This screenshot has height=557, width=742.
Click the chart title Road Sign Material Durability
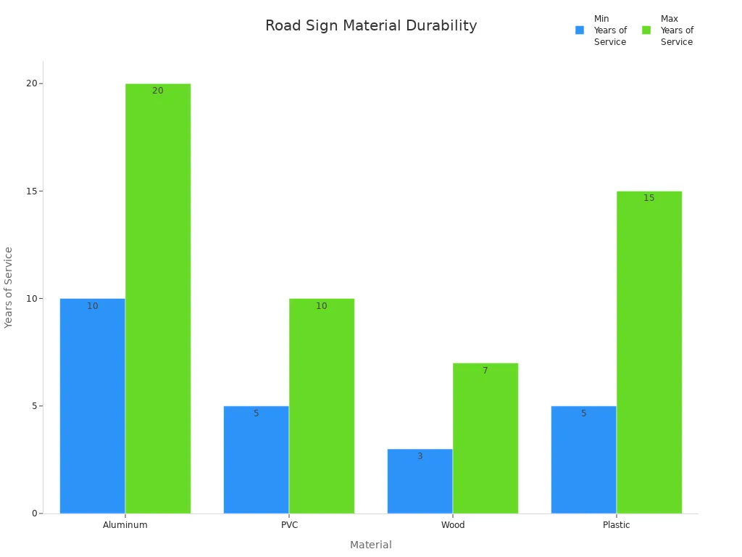pyautogui.click(x=371, y=26)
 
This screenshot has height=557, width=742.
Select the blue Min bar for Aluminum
pyautogui.click(x=93, y=406)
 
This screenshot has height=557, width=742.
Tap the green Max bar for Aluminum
pyautogui.click(x=158, y=299)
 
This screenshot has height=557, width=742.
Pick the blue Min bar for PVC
pyautogui.click(x=257, y=460)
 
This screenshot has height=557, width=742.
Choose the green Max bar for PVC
pyautogui.click(x=322, y=406)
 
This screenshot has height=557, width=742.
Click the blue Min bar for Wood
pyautogui.click(x=420, y=482)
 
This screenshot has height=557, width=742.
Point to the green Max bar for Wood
pyautogui.click(x=485, y=438)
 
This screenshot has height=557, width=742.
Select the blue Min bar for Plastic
pyautogui.click(x=584, y=460)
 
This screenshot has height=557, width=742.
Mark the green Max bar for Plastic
pyautogui.click(x=649, y=352)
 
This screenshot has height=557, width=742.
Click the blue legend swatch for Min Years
pyautogui.click(x=580, y=30)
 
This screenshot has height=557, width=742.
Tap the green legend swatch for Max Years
pyautogui.click(x=646, y=30)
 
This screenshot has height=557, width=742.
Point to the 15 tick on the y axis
pyautogui.click(x=32, y=191)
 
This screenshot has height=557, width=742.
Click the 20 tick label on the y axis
pyautogui.click(x=32, y=83)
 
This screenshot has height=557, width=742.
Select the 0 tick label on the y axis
pyautogui.click(x=34, y=513)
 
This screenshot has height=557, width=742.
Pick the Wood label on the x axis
pyautogui.click(x=453, y=525)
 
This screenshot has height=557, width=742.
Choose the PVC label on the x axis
pyautogui.click(x=289, y=525)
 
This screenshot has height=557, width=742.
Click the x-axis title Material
pyautogui.click(x=371, y=545)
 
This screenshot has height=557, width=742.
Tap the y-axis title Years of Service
pyautogui.click(x=9, y=287)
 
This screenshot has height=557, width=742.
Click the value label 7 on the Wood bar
pyautogui.click(x=485, y=371)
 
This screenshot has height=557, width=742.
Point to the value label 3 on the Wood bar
pyautogui.click(x=420, y=456)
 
